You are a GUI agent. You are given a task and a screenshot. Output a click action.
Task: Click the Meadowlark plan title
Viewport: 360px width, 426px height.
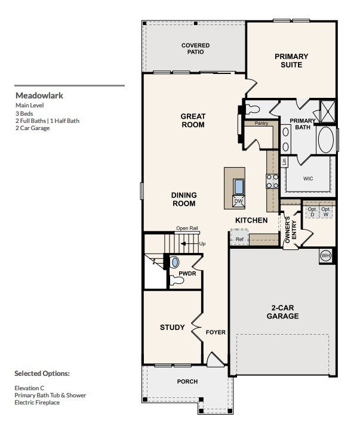[x=39, y=95]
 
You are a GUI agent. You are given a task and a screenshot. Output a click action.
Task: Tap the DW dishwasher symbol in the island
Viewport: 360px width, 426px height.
[x=238, y=201]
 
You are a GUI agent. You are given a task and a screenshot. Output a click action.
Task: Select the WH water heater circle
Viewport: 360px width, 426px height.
[x=325, y=255]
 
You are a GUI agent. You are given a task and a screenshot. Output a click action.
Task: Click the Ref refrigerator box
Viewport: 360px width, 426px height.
[x=239, y=237]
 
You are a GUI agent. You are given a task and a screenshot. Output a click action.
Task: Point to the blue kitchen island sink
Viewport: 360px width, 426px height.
[x=239, y=187]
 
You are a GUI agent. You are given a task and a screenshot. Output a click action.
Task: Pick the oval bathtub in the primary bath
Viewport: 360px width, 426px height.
[x=326, y=140]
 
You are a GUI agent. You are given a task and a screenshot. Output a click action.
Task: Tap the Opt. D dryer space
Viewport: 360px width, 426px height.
[x=312, y=212]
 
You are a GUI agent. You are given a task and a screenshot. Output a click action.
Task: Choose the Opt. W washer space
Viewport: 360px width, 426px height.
[x=326, y=212]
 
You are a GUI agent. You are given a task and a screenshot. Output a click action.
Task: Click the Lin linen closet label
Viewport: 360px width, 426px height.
[x=284, y=162]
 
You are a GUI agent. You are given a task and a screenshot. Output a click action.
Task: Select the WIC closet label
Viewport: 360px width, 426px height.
[x=308, y=178]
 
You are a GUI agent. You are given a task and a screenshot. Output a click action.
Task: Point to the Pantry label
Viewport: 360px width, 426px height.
[x=261, y=123]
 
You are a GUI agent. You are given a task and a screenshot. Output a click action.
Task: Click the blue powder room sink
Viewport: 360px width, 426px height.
[x=175, y=263]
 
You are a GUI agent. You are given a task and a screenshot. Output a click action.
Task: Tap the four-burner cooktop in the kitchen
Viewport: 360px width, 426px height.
[x=272, y=181]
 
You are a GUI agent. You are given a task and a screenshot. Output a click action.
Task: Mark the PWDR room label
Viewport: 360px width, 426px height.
[x=187, y=273]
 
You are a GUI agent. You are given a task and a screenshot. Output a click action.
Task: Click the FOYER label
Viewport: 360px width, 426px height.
[x=216, y=332]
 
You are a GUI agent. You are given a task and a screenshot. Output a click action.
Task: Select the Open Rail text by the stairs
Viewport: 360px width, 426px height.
[x=187, y=228]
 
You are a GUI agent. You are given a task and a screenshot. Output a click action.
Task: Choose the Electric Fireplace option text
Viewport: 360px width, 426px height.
[x=37, y=402]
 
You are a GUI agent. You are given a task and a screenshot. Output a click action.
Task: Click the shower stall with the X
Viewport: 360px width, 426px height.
[x=328, y=112]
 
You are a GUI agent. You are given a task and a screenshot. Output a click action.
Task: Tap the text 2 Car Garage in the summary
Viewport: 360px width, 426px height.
[x=32, y=128]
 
